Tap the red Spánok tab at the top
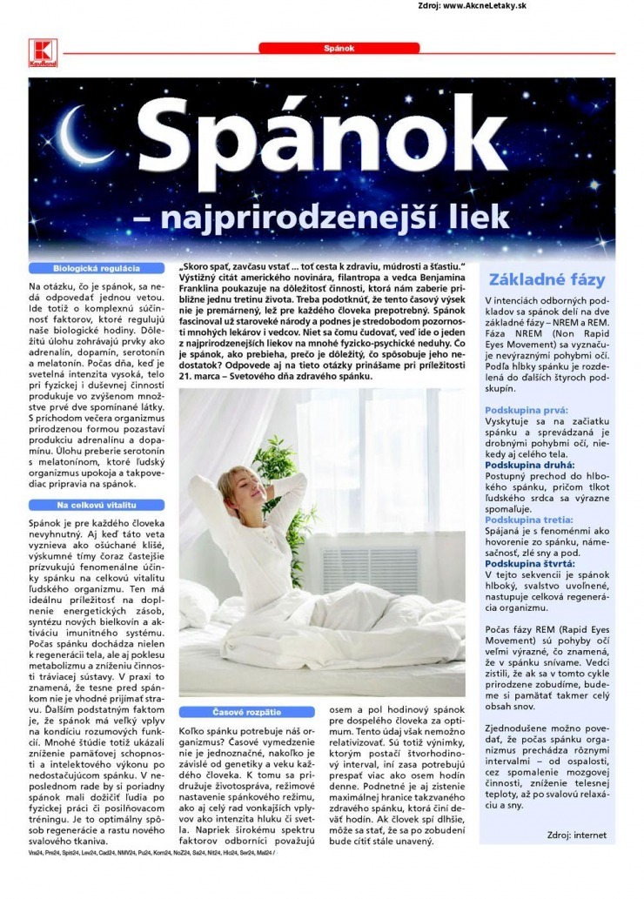click(x=339, y=49)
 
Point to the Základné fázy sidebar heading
click(x=547, y=280)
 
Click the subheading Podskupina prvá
click(x=526, y=409)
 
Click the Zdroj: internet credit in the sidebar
click(x=577, y=834)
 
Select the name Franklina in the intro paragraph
click(x=203, y=284)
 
